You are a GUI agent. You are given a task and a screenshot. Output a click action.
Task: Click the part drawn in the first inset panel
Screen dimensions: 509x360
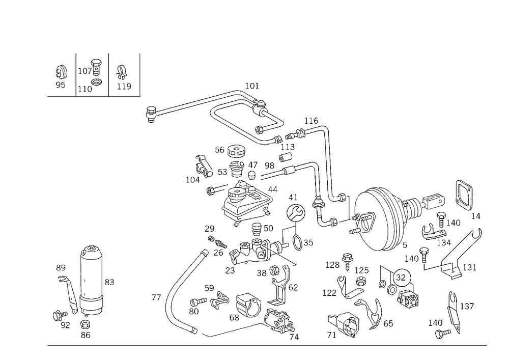62,75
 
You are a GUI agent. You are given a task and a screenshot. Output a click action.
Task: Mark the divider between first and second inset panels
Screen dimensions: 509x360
76,74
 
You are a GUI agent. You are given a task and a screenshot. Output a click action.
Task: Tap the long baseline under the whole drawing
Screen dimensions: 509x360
265,345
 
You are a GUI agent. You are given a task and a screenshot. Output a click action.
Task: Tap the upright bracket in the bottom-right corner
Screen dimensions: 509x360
450,316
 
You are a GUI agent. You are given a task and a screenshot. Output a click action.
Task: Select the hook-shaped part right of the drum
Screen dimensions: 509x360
466,196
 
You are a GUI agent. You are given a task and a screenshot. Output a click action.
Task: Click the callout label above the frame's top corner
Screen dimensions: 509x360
253,86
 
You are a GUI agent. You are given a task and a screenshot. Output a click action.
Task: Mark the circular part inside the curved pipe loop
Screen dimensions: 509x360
247,306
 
